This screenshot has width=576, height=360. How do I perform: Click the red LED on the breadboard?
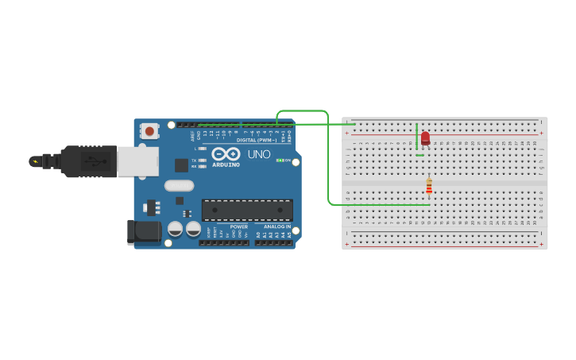point(425,138)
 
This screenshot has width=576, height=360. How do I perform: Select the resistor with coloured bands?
point(429,187)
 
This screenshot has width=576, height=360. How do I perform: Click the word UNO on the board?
point(259,154)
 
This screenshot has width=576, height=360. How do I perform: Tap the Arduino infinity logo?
point(226,154)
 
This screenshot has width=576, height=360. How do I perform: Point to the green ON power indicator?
point(280,160)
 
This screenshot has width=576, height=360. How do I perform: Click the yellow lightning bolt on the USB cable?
point(34,161)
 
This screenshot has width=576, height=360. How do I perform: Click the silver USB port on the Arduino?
point(137,161)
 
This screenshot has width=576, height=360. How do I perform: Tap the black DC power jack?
point(143,231)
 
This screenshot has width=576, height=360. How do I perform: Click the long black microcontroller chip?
point(247,210)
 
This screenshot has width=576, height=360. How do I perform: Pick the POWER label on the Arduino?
point(239,226)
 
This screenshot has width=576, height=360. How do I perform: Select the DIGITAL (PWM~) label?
point(257,140)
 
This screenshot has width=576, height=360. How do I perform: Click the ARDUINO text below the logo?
point(226,165)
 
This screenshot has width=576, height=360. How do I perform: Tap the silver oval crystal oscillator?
point(180,186)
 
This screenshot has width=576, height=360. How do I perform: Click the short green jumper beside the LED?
point(417,137)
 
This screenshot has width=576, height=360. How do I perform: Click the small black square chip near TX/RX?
point(182,165)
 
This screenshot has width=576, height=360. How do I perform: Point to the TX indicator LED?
point(203,160)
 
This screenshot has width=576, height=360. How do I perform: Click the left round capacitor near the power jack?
point(175,229)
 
